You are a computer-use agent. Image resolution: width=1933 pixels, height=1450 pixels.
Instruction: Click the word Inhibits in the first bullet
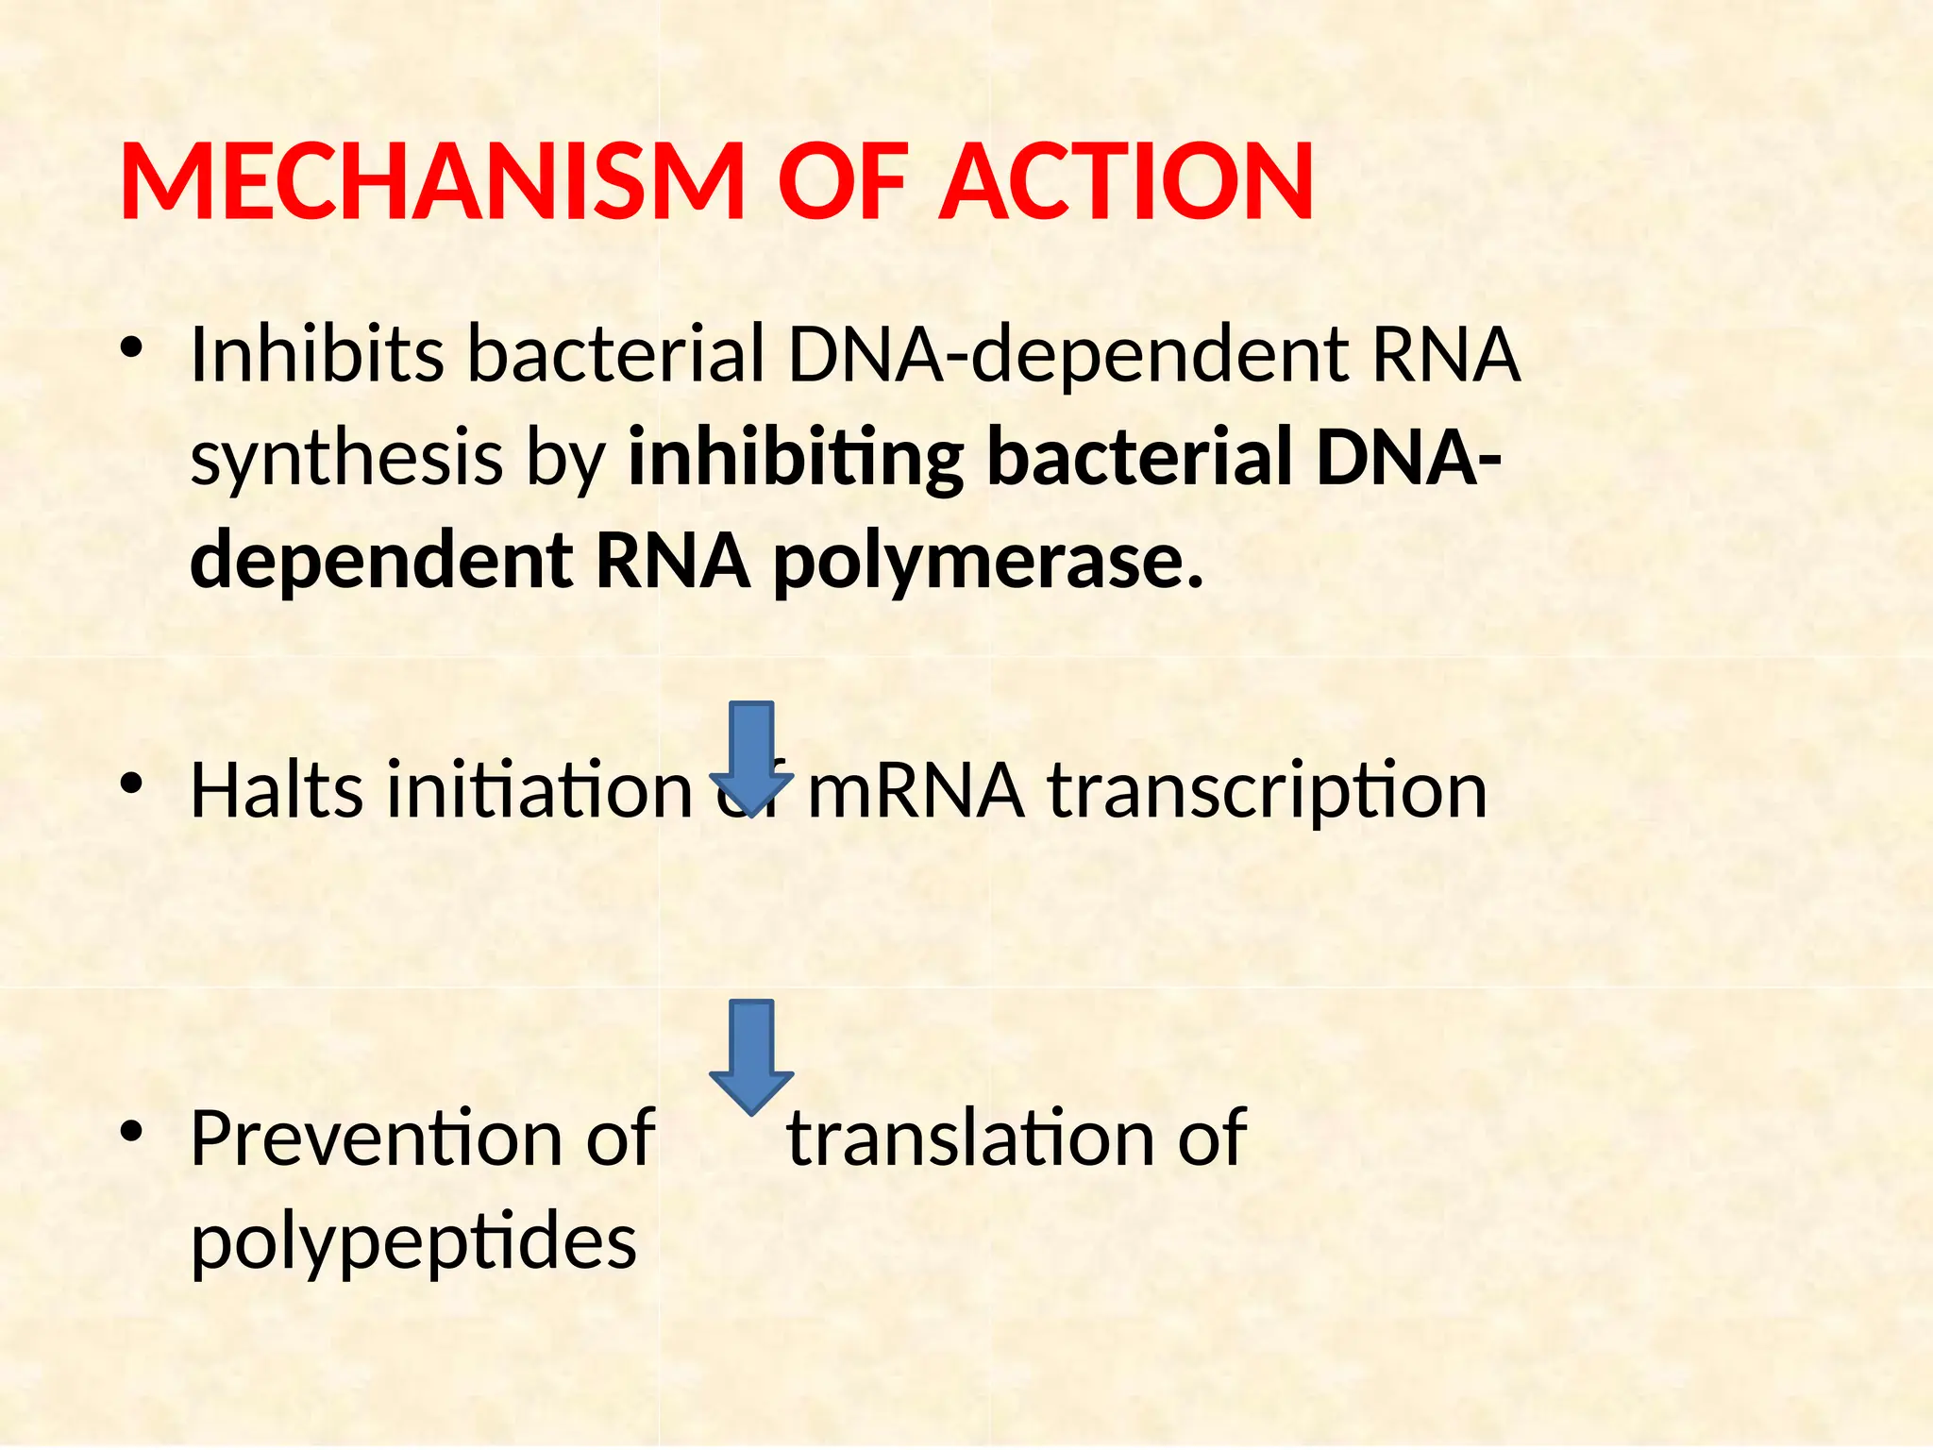(316, 354)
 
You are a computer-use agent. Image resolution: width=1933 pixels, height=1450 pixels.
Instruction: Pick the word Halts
(277, 790)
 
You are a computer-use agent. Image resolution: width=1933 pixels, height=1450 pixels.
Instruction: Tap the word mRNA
(916, 790)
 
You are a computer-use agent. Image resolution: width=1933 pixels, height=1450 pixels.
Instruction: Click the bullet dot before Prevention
(131, 1131)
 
